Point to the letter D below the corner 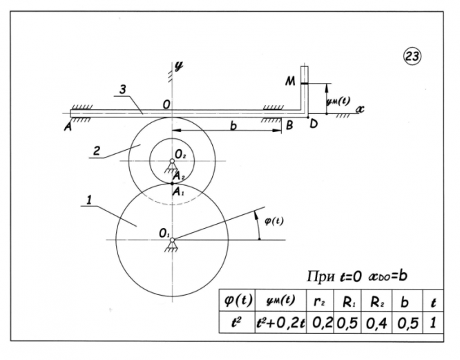click(x=314, y=125)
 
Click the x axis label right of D click(x=359, y=109)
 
